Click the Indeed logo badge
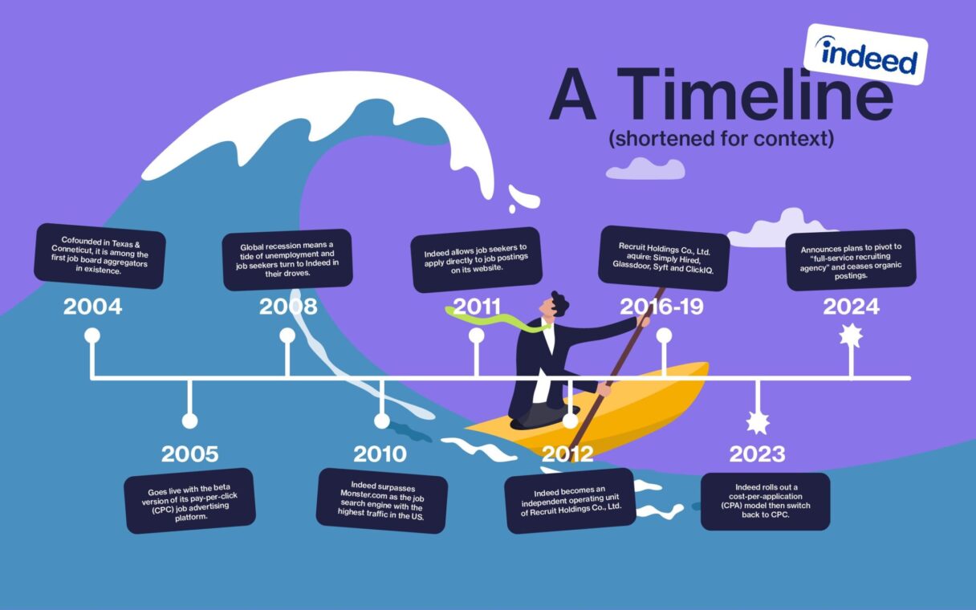click(865, 54)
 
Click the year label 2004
click(92, 306)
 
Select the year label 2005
click(189, 453)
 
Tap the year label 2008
click(287, 306)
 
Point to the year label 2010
click(380, 453)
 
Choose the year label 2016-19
click(662, 306)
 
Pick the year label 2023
click(756, 453)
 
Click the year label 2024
click(851, 306)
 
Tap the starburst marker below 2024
click(851, 335)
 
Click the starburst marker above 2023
click(757, 421)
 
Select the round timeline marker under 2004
click(92, 335)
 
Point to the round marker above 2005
click(189, 421)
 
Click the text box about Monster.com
click(381, 501)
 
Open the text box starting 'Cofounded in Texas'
click(100, 255)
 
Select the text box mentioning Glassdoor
click(663, 258)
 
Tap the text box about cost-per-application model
click(765, 502)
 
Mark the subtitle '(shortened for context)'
click(721, 139)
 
